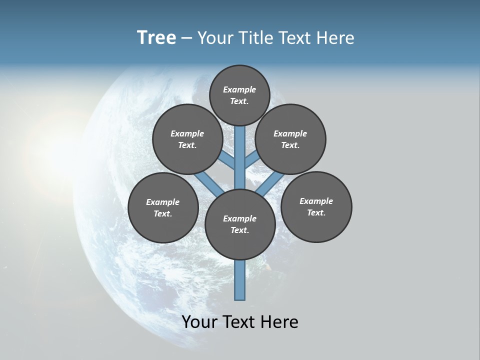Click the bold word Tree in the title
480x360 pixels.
[156, 38]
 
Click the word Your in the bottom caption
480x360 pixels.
[199, 322]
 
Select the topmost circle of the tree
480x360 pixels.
[239, 95]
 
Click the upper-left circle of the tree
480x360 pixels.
[187, 139]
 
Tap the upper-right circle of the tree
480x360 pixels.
[290, 139]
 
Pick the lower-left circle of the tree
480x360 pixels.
[163, 207]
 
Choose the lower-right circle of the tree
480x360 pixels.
[316, 206]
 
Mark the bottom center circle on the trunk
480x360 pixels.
[240, 224]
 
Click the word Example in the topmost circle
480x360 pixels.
[239, 89]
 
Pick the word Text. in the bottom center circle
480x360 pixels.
[240, 230]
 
